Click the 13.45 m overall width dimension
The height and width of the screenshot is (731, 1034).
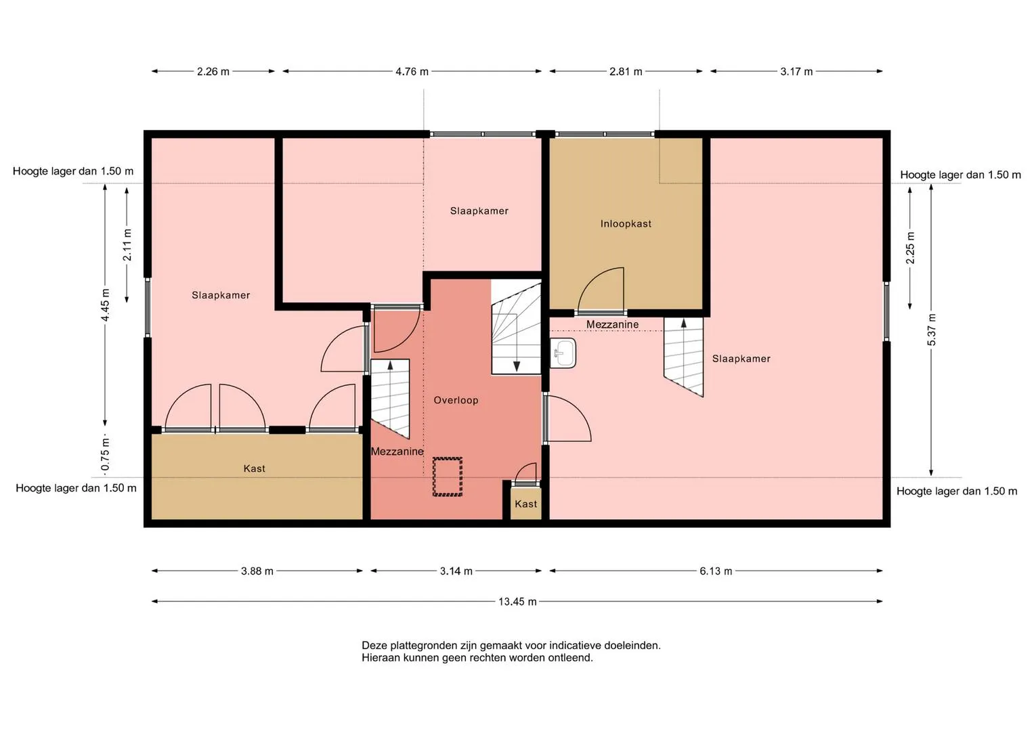click(517, 602)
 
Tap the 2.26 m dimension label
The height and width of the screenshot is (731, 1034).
click(213, 72)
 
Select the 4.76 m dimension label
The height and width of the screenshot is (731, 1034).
click(412, 72)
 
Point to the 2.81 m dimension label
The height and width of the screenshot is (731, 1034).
click(626, 72)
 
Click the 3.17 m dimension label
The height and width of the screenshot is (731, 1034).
click(796, 72)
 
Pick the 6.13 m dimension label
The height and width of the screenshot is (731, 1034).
click(716, 571)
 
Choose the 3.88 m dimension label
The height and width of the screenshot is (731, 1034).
click(257, 571)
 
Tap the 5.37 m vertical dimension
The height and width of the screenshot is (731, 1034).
click(932, 330)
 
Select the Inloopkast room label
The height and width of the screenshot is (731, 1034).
click(626, 224)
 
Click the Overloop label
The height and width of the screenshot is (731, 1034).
click(456, 400)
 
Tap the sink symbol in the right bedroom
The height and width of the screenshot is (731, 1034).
click(563, 353)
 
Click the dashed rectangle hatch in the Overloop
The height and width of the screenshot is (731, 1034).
click(448, 477)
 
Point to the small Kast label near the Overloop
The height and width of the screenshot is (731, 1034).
click(525, 504)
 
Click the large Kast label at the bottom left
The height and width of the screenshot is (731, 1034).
click(255, 469)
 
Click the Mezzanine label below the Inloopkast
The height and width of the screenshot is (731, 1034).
click(613, 324)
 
